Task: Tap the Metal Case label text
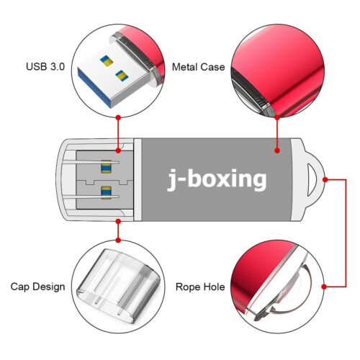coord(198,67)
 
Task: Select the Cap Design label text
coord(37,287)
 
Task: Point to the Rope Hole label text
coord(198,287)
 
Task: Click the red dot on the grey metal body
coord(276,151)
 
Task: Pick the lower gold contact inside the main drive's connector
coord(107,191)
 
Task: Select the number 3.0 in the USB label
coord(55,67)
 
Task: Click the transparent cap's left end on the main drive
coord(63,177)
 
